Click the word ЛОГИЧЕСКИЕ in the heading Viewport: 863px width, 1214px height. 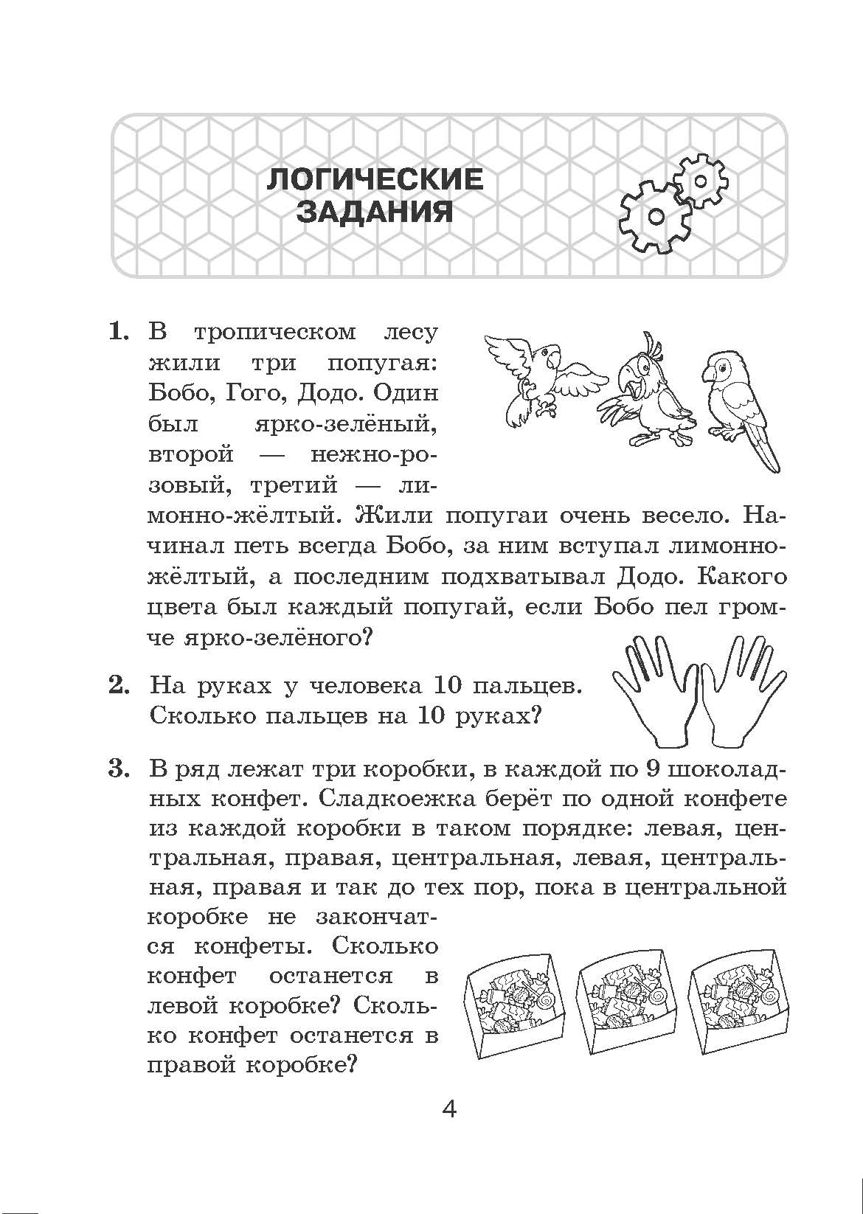point(375,180)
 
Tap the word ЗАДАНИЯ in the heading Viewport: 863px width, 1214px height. point(375,212)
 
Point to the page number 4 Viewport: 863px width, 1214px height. point(448,1109)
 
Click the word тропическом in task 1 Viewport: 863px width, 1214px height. point(274,333)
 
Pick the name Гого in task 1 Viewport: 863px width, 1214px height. point(252,392)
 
